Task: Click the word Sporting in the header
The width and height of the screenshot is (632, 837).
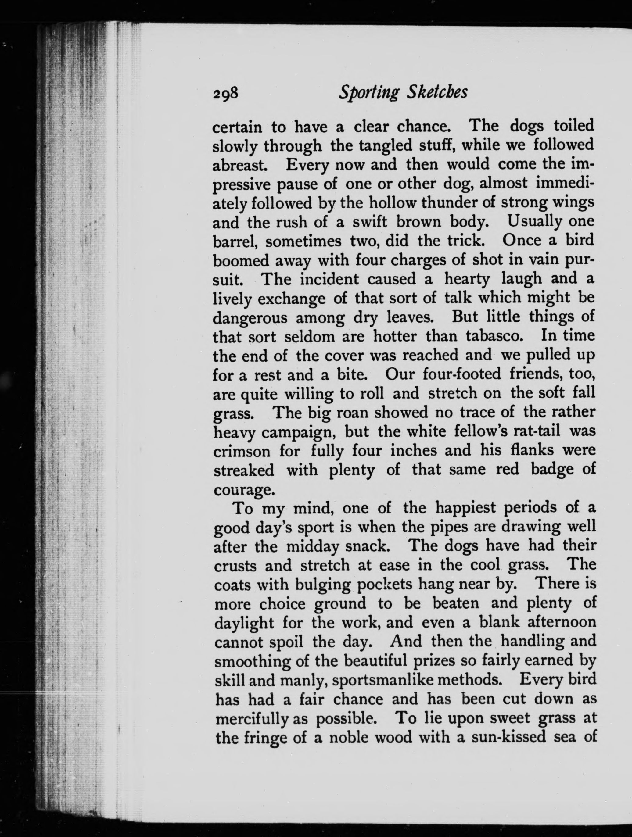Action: click(368, 93)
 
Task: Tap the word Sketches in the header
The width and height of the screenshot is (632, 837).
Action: click(437, 92)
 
